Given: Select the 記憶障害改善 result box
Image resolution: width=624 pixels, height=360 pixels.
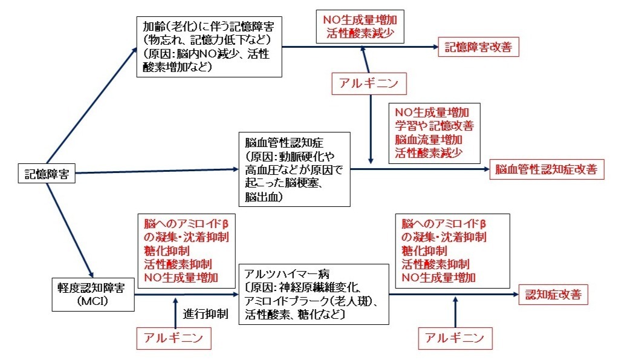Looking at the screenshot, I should pos(478,47).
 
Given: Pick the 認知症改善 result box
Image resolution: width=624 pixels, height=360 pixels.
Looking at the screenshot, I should pos(553,295).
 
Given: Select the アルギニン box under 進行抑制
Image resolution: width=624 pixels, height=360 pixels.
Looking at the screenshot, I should pos(175,338).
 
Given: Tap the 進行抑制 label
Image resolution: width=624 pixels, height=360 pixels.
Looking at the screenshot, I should pos(205,313).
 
